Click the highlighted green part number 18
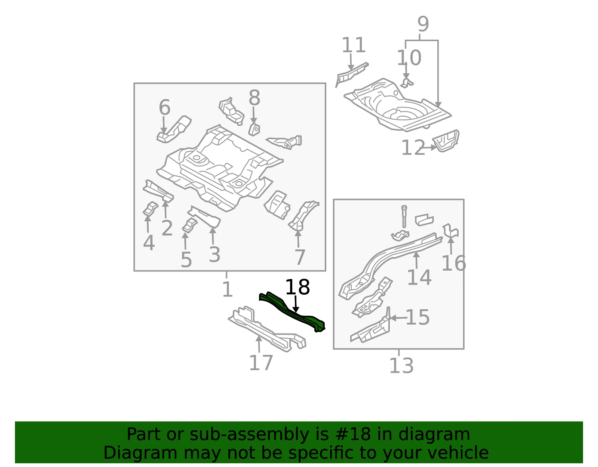point(292,312)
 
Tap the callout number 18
point(298,287)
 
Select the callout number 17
point(261,363)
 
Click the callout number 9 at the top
point(423,24)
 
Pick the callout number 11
point(354,45)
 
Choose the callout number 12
point(413,147)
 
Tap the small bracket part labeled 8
point(254,130)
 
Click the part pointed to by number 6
point(174,129)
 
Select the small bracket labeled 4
point(150,209)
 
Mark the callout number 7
point(300,257)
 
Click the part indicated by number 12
point(446,141)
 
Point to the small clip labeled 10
point(407,83)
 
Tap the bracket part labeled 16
point(450,230)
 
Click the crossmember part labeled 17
point(267,329)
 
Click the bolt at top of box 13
point(404,216)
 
